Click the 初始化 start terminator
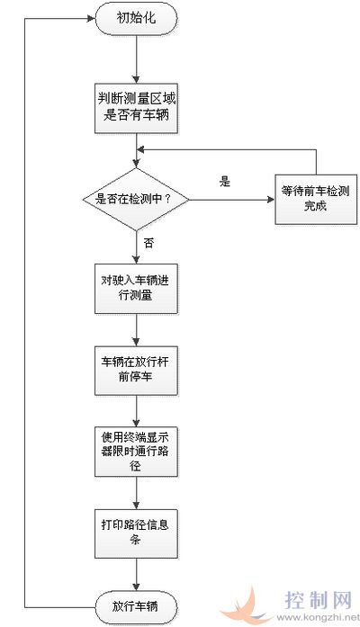[x=136, y=18]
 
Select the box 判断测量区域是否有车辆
[x=136, y=108]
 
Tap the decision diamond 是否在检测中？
[x=136, y=199]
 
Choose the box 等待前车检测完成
[x=316, y=199]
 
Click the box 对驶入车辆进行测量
[x=136, y=288]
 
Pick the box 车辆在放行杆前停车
[x=136, y=371]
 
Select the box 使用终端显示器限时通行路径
[x=136, y=452]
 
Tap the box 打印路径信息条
[x=136, y=533]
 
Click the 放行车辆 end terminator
[x=136, y=606]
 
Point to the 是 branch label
[x=225, y=182]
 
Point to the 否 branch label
[x=148, y=243]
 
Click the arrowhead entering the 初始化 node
[x=91, y=18]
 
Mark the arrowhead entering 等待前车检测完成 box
[x=271, y=199]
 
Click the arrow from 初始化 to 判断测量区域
[x=137, y=58]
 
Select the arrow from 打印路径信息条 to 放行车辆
[x=137, y=575]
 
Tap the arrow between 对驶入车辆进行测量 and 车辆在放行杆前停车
[x=137, y=329]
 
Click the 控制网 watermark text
[x=319, y=600]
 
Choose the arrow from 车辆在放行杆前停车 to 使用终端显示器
[x=137, y=411]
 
